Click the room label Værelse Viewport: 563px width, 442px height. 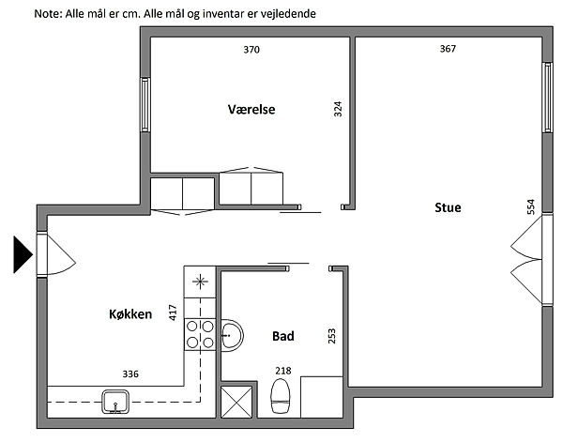click(x=251, y=109)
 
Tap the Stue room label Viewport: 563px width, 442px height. click(x=448, y=207)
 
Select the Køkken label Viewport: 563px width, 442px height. click(x=130, y=314)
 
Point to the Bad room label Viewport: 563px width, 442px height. click(x=283, y=336)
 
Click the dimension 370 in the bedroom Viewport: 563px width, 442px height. click(x=251, y=50)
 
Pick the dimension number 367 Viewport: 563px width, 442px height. click(x=448, y=49)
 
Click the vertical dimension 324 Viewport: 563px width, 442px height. click(x=338, y=109)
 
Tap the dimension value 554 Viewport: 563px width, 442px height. click(x=531, y=206)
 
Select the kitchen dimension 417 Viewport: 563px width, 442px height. click(x=173, y=312)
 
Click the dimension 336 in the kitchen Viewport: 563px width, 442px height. click(x=130, y=374)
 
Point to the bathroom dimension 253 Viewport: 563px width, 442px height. click(x=332, y=336)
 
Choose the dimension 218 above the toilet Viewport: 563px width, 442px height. click(x=283, y=371)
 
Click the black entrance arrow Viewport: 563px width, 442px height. click(x=23, y=254)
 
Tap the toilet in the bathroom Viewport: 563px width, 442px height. click(x=281, y=396)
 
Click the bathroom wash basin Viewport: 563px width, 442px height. click(x=232, y=335)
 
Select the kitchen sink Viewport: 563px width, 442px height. click(x=115, y=403)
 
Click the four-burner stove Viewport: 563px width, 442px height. click(x=200, y=334)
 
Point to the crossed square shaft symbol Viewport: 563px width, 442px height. click(x=236, y=403)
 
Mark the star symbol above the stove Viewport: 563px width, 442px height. click(x=200, y=282)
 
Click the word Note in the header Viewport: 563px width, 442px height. click(x=48, y=14)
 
